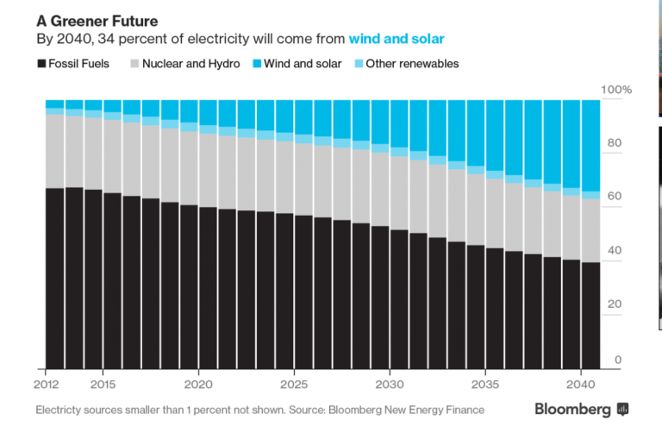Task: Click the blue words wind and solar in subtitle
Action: (397, 39)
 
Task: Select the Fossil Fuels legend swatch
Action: (41, 64)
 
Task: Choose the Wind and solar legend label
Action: (302, 64)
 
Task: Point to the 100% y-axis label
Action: (616, 90)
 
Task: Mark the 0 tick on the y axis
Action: (617, 360)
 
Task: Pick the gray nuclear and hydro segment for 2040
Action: (590, 230)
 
